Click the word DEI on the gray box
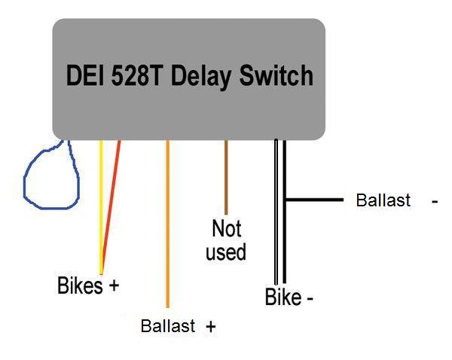[85, 75]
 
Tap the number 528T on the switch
[136, 75]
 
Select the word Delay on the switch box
[200, 77]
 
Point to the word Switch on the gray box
[276, 75]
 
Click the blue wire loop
[24, 185]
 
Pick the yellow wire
[101, 207]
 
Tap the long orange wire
[167, 224]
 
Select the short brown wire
[226, 177]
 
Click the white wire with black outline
[276, 212]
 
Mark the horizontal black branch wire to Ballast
[314, 200]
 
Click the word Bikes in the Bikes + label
[80, 285]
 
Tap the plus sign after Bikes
[114, 285]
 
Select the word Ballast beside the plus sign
[168, 325]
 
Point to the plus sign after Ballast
[211, 327]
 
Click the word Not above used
[226, 228]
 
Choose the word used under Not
[226, 252]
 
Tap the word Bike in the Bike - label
[283, 297]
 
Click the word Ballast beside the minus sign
[383, 200]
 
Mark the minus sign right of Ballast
[435, 202]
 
